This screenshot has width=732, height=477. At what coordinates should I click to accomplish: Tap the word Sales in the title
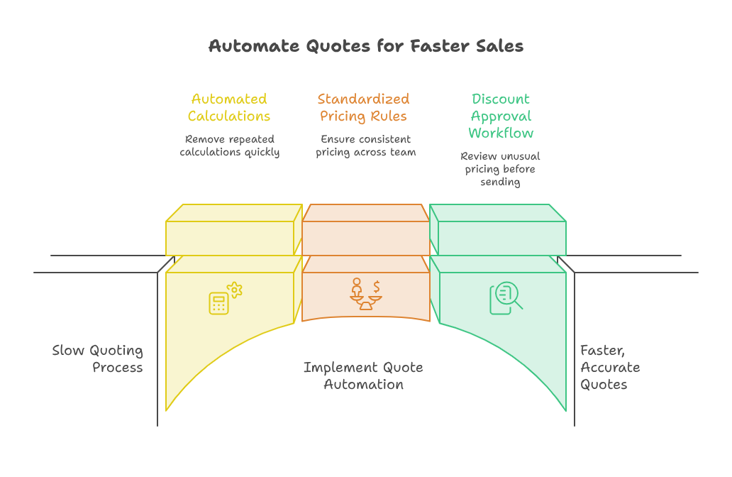pos(499,46)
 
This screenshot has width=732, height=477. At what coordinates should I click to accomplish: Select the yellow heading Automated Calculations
pos(229,107)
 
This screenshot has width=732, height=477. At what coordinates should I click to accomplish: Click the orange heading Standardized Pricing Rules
pos(364,107)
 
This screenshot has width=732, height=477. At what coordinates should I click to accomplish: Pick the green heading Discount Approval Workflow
pos(501,116)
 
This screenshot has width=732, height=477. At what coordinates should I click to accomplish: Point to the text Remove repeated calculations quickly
pos(230,146)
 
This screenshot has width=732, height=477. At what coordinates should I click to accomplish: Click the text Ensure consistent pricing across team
pos(366,146)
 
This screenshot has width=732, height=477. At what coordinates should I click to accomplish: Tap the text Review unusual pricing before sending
pos(500,169)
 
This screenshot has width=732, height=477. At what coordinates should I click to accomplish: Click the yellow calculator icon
pos(218,303)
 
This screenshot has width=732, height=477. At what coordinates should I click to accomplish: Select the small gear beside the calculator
pos(235,290)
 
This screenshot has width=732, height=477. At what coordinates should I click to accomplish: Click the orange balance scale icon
pos(366,295)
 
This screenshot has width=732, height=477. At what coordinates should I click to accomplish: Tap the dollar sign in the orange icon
pos(377,286)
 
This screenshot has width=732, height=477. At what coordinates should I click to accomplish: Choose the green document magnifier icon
pos(506,298)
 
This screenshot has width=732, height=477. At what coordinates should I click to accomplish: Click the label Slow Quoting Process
pos(98,358)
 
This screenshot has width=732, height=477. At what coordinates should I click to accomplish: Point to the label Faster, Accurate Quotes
pos(610,367)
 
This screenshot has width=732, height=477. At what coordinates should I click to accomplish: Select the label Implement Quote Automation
pos(364,375)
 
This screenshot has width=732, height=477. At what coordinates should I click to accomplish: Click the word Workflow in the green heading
pos(501,133)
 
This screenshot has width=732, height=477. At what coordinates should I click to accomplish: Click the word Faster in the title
pos(440,46)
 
